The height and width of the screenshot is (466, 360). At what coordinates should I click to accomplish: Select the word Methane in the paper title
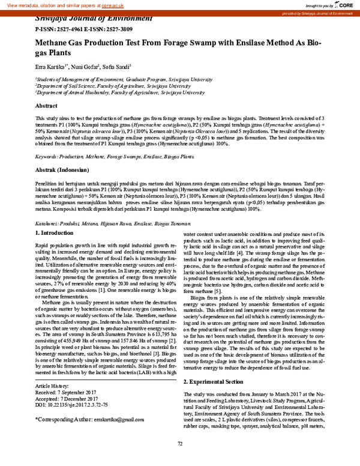point(55,44)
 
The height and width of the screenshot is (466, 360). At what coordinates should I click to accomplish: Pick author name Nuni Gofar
point(85,67)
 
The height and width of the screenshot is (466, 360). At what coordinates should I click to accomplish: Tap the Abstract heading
point(46,105)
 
